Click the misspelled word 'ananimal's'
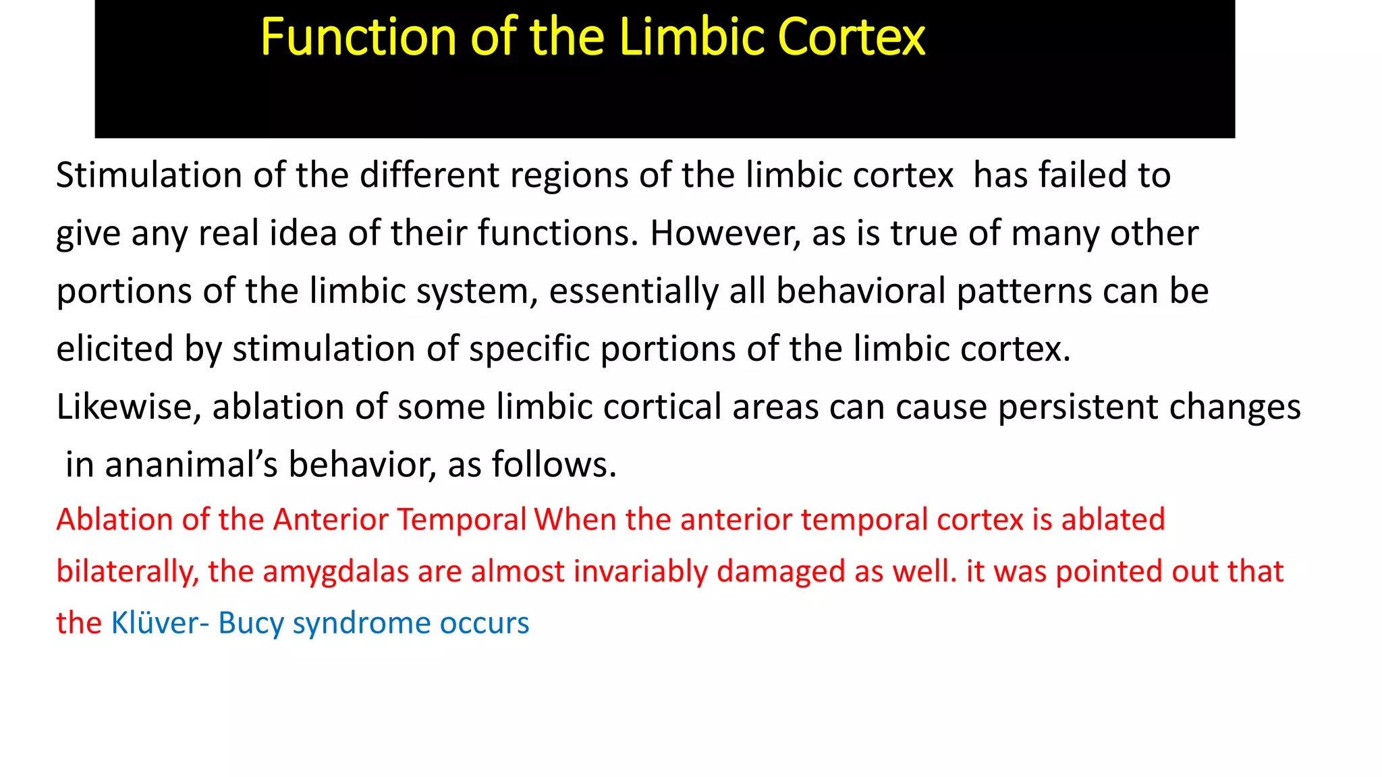[191, 465]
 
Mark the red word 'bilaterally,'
[128, 572]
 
